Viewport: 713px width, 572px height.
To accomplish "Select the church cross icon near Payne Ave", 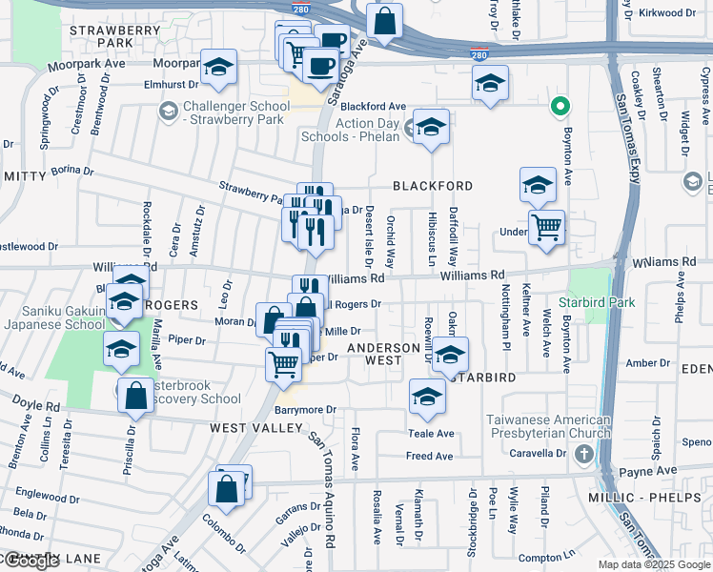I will [584, 454].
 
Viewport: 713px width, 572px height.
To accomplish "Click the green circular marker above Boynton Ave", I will [561, 106].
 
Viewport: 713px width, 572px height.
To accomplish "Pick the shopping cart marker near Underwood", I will [546, 228].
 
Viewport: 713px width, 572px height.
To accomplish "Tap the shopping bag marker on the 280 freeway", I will [384, 21].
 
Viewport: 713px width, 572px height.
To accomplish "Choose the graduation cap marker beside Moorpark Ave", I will [219, 68].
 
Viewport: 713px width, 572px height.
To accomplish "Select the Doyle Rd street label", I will [36, 404].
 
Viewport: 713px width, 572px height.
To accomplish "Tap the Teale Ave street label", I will [430, 433].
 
